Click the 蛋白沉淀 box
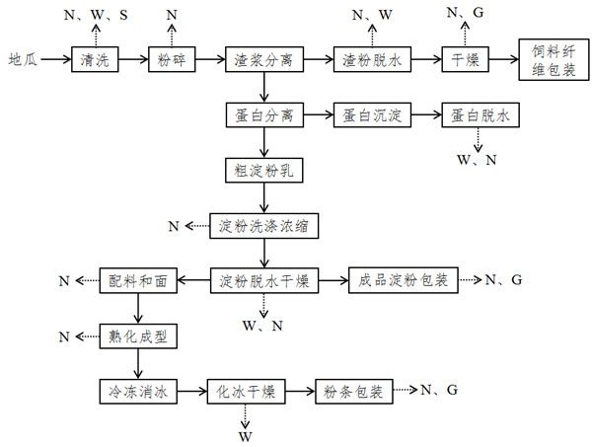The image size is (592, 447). [x=370, y=114]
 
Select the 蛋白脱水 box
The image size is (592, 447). [x=480, y=114]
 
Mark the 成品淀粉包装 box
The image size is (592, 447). [x=398, y=281]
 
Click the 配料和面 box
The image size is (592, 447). [x=137, y=281]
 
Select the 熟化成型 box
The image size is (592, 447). [x=137, y=336]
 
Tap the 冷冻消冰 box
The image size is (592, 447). [x=137, y=392]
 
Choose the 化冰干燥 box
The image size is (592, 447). [x=246, y=392]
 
